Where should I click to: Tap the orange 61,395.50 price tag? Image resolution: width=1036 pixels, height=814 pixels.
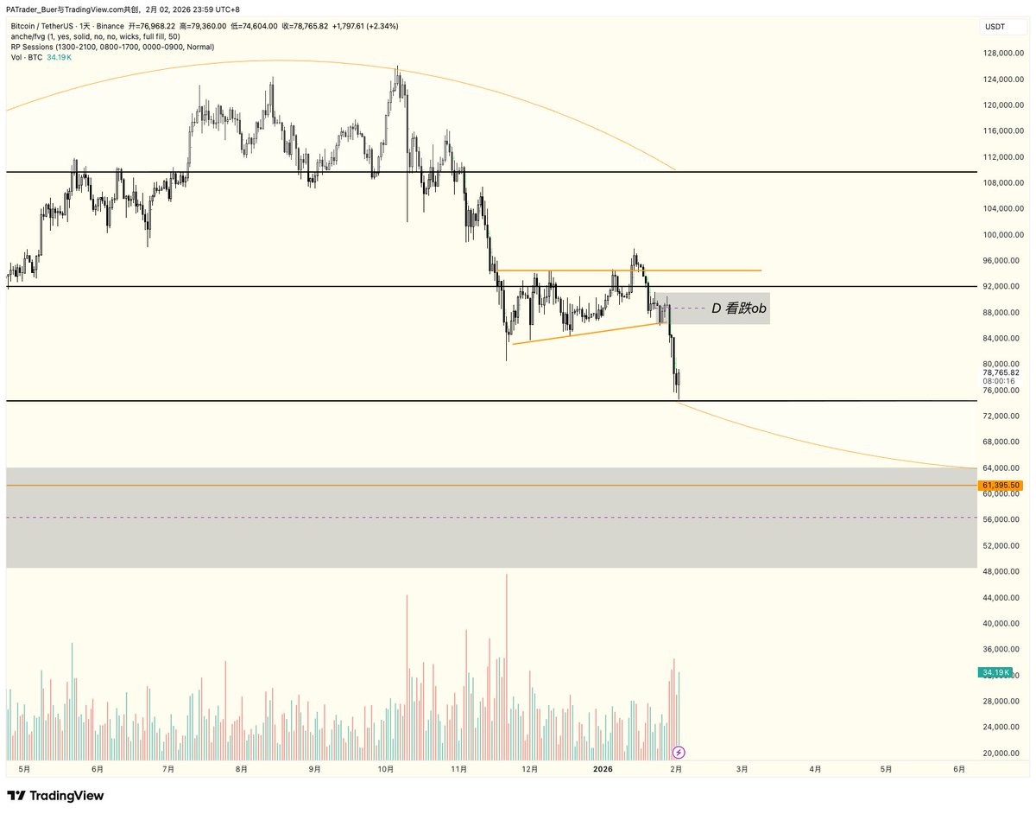coord(1001,486)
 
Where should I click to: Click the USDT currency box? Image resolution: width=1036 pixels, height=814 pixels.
coord(995,28)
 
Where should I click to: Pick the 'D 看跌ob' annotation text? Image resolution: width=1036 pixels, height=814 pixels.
coord(739,308)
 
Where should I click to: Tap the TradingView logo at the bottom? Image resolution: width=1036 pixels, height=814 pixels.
coord(55,795)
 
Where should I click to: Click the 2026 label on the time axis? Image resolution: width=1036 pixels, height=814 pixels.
coord(603,768)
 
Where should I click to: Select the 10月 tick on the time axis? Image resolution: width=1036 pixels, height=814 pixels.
coord(386,768)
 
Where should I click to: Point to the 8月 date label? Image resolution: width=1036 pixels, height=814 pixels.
coord(242,768)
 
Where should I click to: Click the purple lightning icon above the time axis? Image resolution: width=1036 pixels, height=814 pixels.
coord(679,752)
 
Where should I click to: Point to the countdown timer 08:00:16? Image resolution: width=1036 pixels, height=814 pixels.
coord(998,381)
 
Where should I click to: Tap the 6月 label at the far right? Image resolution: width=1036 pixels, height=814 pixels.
coord(959,768)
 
